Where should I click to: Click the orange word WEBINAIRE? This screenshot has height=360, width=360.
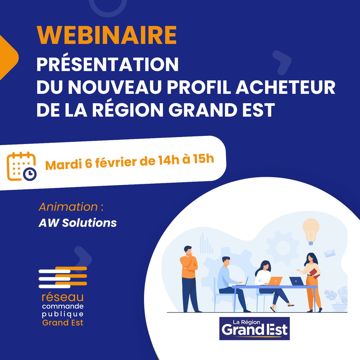(x=106, y=36)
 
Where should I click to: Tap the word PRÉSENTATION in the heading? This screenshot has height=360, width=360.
(x=107, y=64)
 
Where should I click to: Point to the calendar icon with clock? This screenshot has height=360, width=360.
(x=22, y=167)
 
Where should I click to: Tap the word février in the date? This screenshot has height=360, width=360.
(x=118, y=162)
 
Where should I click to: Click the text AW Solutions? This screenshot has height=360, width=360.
(x=77, y=223)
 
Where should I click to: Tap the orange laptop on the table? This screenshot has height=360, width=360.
(x=275, y=280)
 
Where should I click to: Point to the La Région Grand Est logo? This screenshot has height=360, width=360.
(x=254, y=328)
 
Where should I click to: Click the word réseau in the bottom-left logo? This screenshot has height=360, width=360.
(x=63, y=297)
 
